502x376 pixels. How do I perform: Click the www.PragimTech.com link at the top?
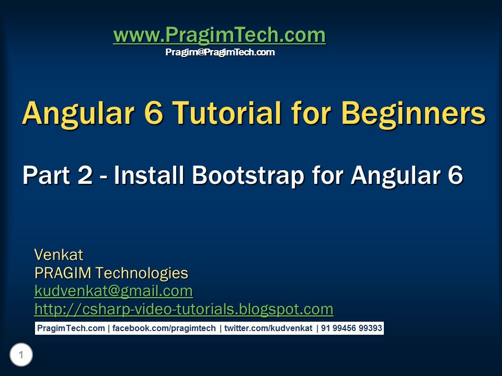point(219,36)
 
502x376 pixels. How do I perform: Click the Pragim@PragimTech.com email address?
point(220,52)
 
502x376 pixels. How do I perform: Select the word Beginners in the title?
point(413,113)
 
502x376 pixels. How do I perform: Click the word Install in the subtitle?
point(149,175)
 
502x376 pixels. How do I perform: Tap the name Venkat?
point(59,255)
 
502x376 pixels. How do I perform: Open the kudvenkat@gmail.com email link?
point(113,291)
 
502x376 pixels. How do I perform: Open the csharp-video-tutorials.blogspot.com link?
point(184,309)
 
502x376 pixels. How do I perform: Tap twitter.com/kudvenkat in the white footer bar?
point(268,328)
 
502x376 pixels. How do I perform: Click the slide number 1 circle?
point(21,356)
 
